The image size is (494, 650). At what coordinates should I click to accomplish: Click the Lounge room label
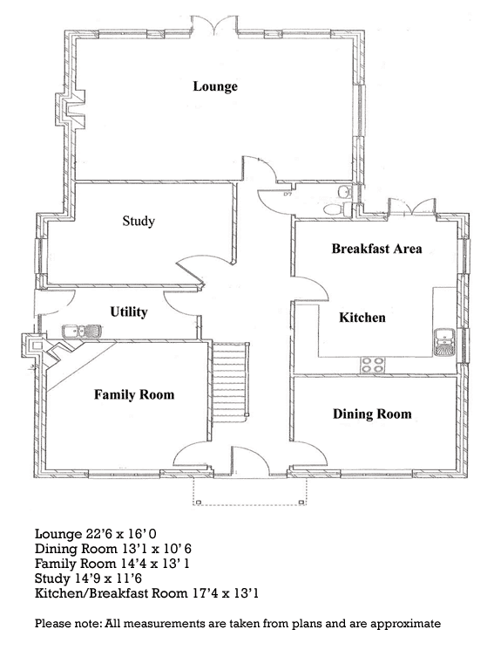click(215, 86)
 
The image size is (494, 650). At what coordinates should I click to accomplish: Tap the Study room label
click(139, 221)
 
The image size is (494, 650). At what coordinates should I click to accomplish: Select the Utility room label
click(129, 311)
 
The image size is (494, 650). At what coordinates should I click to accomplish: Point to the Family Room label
click(134, 394)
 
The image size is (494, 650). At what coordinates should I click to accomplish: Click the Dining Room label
click(372, 414)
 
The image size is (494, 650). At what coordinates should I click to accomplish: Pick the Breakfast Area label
click(376, 249)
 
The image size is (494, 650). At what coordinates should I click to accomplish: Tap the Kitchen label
click(362, 318)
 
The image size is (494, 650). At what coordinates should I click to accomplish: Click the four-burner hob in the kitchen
click(373, 364)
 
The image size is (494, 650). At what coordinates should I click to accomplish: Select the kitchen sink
click(443, 343)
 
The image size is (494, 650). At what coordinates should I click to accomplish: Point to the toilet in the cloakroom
click(336, 209)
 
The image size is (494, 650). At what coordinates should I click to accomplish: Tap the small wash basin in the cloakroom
click(344, 192)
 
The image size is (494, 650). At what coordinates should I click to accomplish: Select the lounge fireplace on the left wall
click(71, 109)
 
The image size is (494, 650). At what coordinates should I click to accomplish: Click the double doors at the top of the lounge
click(214, 25)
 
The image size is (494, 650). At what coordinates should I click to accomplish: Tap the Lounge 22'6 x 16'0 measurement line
click(96, 533)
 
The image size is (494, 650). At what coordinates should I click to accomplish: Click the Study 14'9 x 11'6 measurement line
click(88, 578)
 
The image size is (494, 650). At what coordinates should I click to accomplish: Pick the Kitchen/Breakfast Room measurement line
click(146, 593)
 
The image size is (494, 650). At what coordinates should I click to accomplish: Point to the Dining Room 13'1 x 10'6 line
click(113, 549)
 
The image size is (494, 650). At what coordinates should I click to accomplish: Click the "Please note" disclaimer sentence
click(238, 623)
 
